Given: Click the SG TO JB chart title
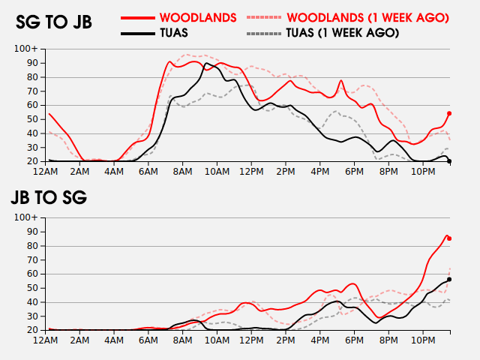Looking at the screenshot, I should tap(54, 22).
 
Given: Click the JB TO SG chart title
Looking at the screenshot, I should tap(48, 198).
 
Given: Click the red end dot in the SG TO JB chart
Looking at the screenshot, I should tap(449, 113).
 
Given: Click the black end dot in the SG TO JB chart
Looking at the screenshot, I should tap(449, 161).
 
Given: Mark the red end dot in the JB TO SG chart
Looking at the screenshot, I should tap(449, 238).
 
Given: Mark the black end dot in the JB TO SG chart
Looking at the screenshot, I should tap(449, 279).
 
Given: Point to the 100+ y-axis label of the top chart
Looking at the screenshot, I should tap(25, 49).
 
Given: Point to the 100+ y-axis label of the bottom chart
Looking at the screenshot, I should tap(25, 217).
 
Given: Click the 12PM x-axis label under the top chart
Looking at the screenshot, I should tap(250, 172).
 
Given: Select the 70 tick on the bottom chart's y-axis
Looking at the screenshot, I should tap(31, 259).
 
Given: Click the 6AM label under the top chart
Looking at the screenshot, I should tap(148, 172).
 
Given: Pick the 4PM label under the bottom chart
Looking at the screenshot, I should tap(319, 340).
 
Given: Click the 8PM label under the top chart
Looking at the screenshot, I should tap(388, 172).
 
